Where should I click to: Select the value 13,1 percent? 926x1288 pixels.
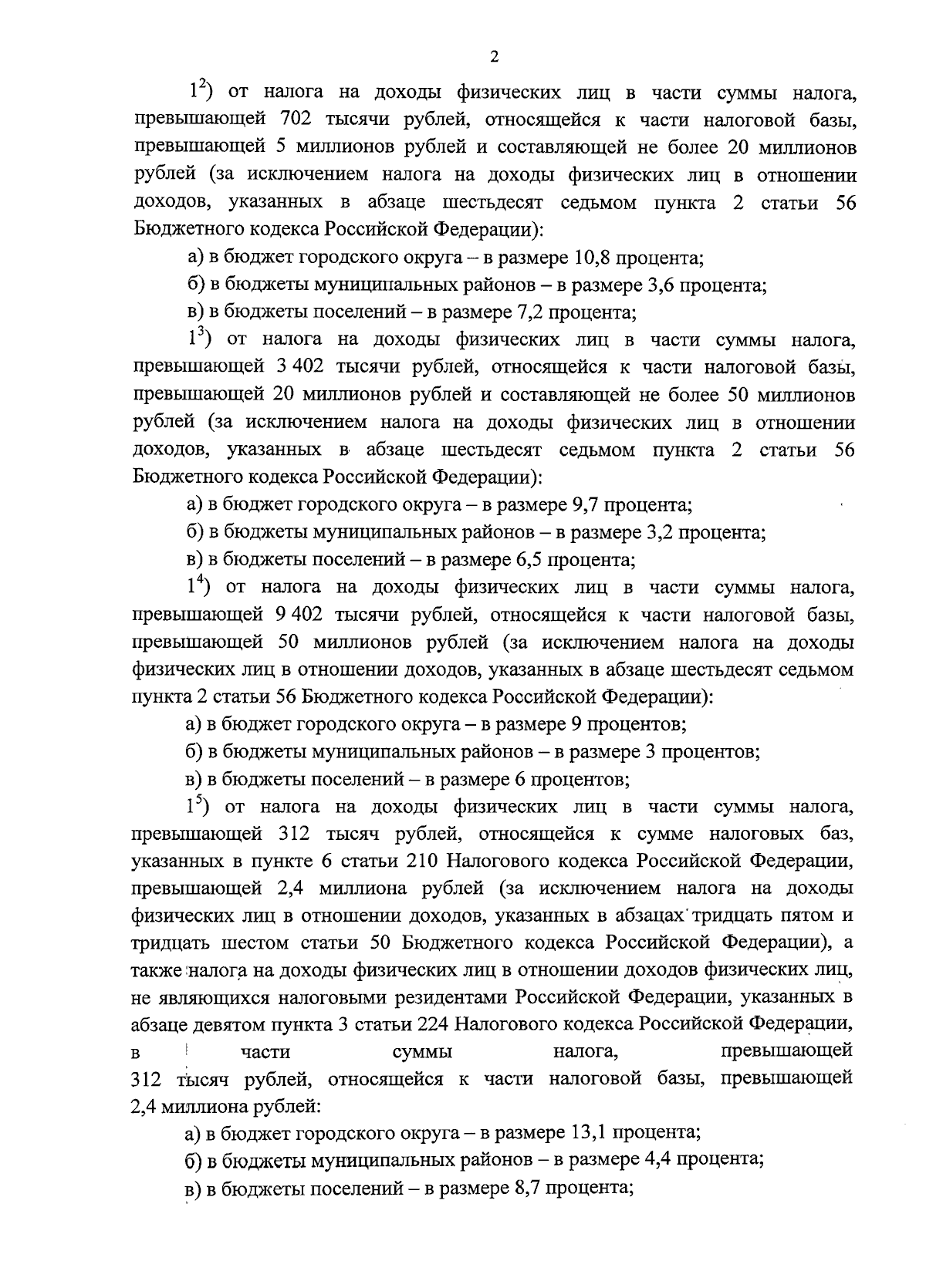592,1133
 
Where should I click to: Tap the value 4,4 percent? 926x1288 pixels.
657,1160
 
